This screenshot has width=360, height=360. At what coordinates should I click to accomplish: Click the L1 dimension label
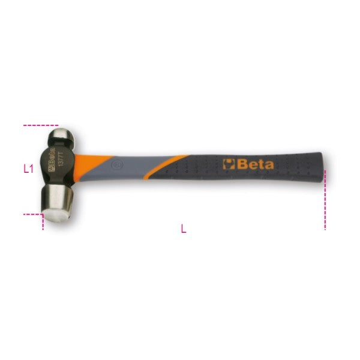(x=28, y=169)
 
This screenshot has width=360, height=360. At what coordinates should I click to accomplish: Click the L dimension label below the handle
(x=184, y=229)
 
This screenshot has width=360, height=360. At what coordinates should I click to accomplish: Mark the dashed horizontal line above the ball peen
(x=40, y=125)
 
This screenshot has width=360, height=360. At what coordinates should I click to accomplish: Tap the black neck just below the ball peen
(x=59, y=148)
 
